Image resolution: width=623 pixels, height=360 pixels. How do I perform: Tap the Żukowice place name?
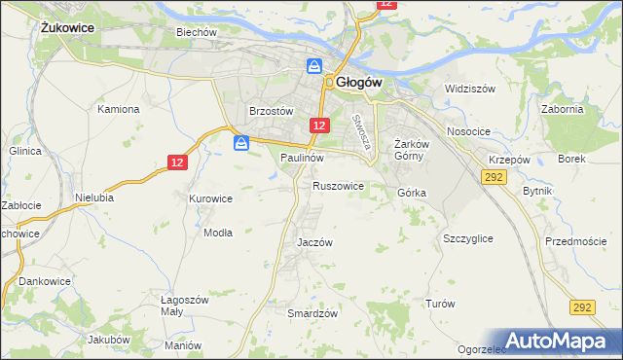tap(67, 28)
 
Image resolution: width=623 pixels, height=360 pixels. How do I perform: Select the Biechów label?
tap(195, 32)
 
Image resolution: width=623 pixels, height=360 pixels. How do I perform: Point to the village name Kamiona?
tap(119, 109)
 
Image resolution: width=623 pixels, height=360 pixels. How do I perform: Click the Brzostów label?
tap(272, 111)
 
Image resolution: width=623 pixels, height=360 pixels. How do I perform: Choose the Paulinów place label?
tap(302, 157)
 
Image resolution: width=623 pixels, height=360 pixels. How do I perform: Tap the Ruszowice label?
tap(338, 185)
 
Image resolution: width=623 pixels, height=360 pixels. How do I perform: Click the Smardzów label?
tap(312, 313)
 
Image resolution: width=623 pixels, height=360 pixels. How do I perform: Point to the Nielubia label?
tap(95, 197)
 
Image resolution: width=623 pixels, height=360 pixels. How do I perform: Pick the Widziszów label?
tap(470, 89)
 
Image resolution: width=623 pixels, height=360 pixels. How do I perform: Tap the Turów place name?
tap(440, 304)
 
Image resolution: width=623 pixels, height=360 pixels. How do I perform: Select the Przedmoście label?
tap(576, 241)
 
